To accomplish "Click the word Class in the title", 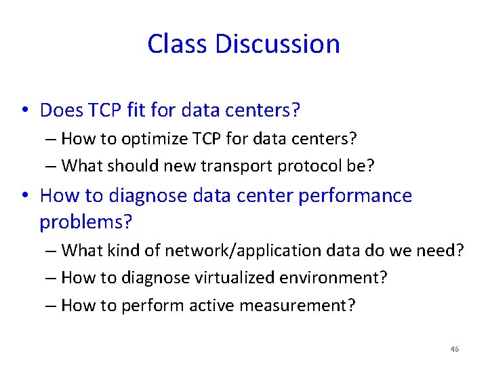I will pyautogui.click(x=178, y=44).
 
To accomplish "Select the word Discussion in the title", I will pyautogui.click(x=277, y=44).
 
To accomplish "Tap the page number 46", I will pyautogui.click(x=454, y=349).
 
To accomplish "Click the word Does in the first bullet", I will pyautogui.click(x=60, y=109).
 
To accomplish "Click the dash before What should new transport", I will pyautogui.click(x=52, y=165).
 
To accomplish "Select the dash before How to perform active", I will pyautogui.click(x=52, y=306).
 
